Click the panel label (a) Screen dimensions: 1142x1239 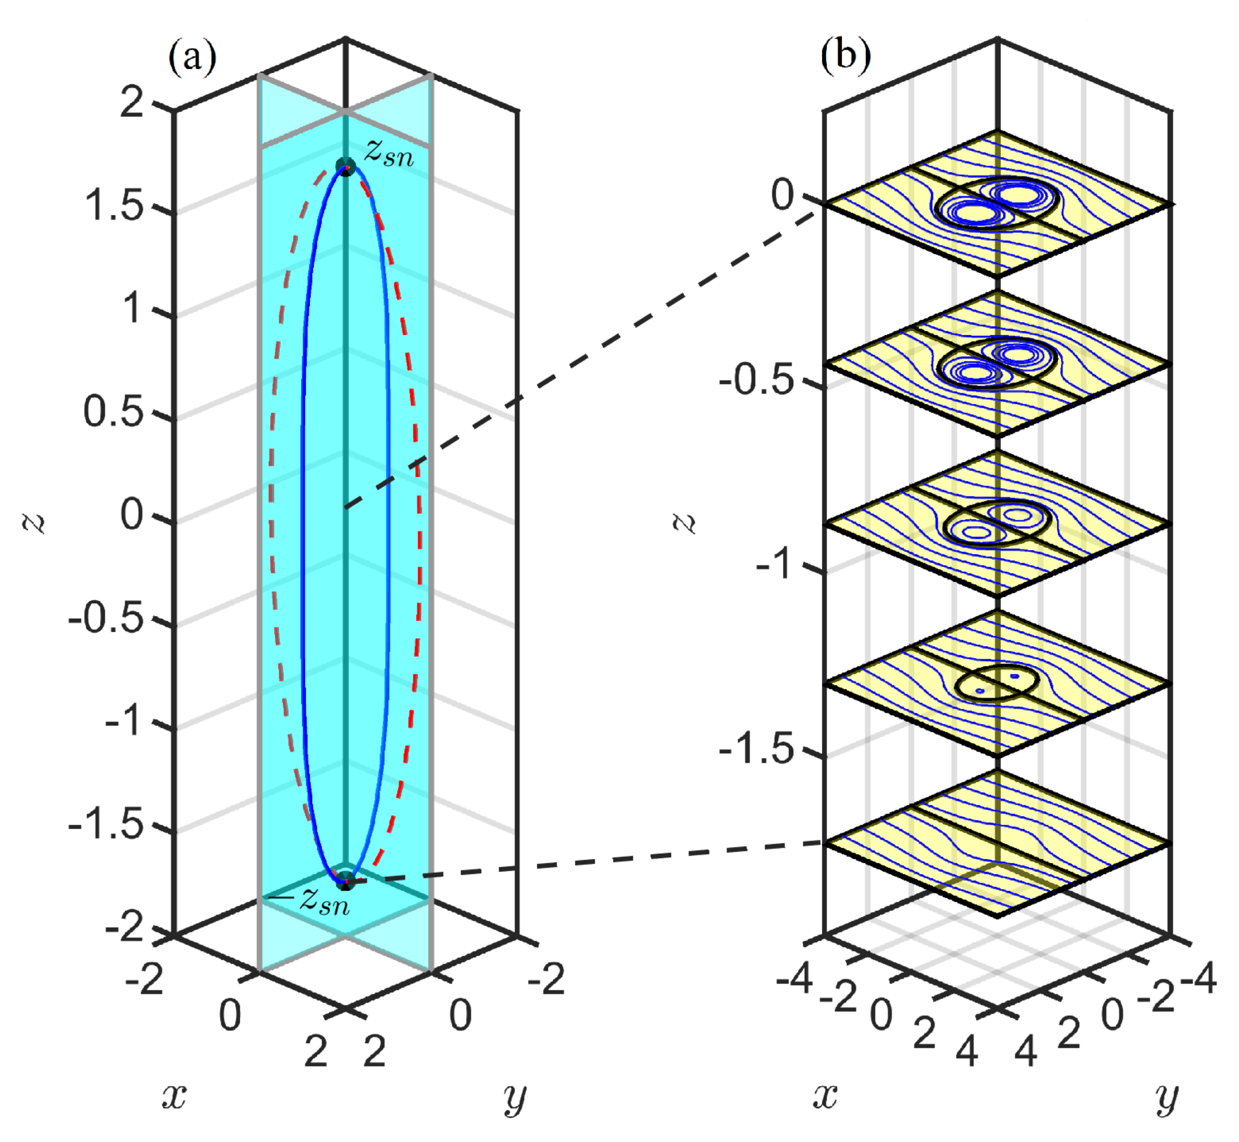coord(192,58)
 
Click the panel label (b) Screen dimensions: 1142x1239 coord(845,56)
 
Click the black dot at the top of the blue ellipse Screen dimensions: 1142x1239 coord(346,166)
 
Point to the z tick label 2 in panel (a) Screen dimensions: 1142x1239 coord(132,101)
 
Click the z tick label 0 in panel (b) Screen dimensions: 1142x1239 coord(783,195)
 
